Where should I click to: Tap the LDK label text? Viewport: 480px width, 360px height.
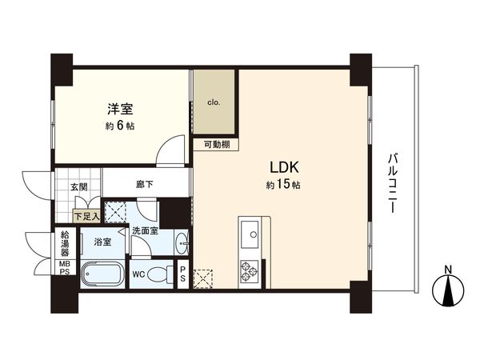284,169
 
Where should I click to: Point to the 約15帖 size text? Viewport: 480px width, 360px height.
284,186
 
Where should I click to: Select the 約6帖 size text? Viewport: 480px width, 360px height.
120,126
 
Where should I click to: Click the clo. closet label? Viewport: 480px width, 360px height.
214,102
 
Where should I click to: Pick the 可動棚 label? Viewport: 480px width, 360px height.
214,145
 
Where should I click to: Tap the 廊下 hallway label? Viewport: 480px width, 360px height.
145,185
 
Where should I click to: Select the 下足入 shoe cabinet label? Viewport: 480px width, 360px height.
86,215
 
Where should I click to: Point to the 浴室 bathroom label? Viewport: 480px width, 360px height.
102,241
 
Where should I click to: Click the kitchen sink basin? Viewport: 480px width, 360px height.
249,234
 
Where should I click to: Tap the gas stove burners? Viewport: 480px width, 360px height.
248,270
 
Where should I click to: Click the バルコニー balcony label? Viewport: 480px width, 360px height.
392,184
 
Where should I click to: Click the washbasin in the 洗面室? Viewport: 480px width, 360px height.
182,241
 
